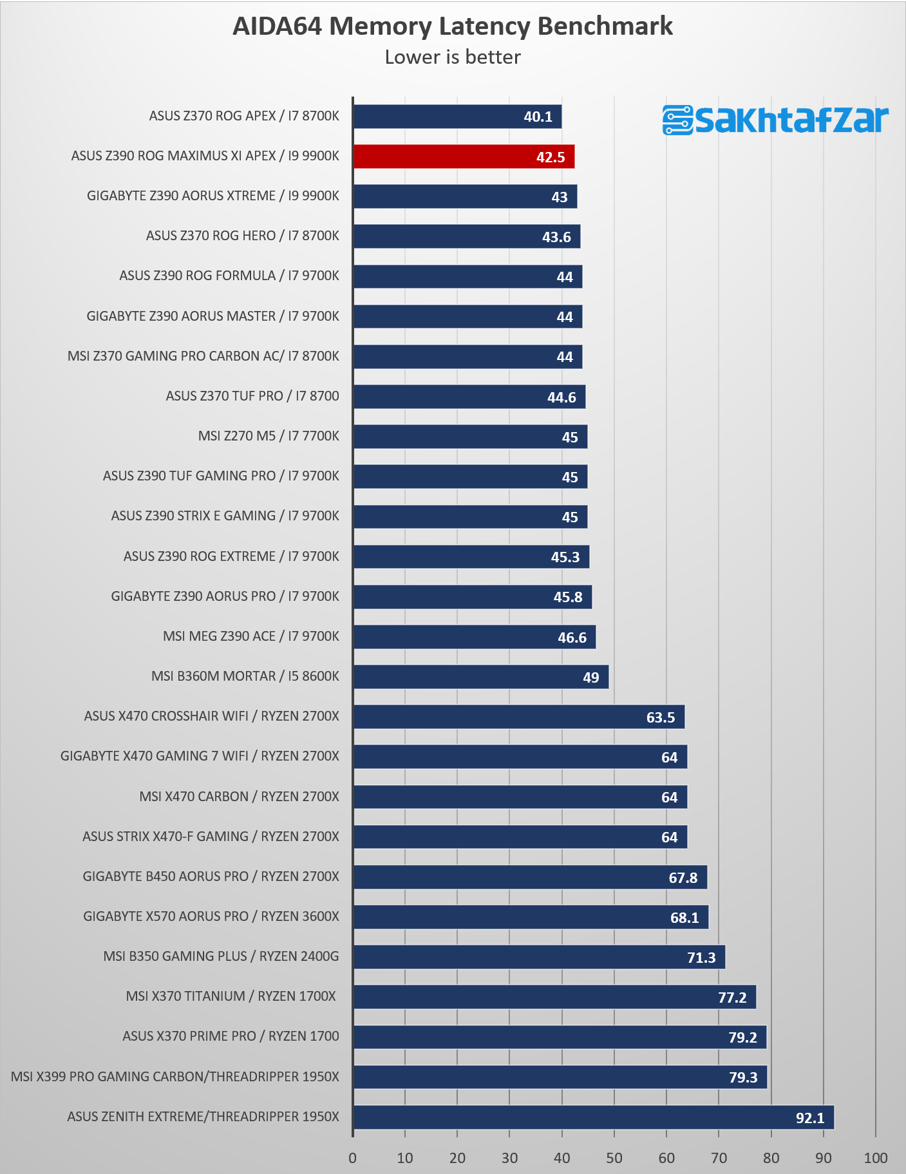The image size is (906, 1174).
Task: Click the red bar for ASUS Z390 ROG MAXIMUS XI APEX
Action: tap(464, 156)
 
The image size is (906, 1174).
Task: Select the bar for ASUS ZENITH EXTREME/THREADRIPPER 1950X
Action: tap(594, 1117)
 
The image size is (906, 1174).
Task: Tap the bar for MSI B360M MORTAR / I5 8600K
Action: tap(481, 677)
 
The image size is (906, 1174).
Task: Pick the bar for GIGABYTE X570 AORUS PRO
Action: tap(531, 917)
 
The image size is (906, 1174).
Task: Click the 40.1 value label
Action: tap(538, 117)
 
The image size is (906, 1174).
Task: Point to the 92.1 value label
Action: tap(810, 1118)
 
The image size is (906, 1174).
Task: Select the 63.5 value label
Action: tap(661, 717)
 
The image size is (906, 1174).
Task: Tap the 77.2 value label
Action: tap(732, 998)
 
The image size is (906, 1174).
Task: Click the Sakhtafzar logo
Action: tap(775, 120)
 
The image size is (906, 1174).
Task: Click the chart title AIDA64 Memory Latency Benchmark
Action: tap(453, 26)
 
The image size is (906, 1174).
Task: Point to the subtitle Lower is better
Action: tap(453, 57)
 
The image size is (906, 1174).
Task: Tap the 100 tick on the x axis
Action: tap(876, 1158)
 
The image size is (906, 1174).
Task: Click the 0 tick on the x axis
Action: tap(353, 1158)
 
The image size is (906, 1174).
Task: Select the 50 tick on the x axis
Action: tap(614, 1158)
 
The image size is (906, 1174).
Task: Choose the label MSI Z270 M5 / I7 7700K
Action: tap(269, 436)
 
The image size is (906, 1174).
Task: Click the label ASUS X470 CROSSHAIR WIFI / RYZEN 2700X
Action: tap(211, 716)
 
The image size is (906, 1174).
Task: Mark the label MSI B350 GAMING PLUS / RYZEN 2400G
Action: tap(221, 956)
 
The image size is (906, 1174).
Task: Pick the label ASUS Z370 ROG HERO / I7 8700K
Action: tap(243, 236)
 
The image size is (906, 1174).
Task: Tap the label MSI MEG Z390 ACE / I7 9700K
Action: tap(251, 636)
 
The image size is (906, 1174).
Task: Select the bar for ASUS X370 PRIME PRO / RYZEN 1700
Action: tap(560, 1037)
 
